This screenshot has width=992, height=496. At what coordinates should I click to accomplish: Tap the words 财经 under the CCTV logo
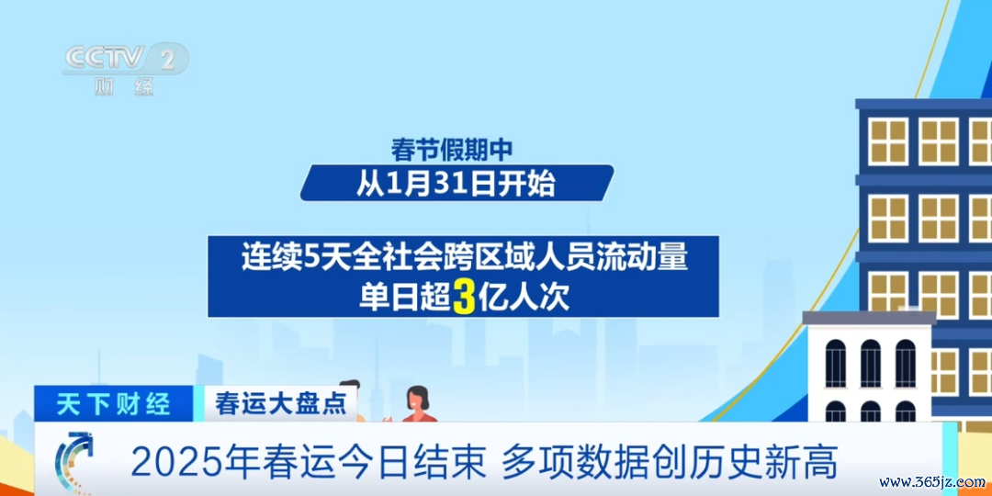click(125, 86)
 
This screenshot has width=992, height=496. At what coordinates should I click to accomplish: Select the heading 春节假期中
click(450, 150)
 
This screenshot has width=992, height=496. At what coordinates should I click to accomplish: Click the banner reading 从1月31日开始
click(457, 183)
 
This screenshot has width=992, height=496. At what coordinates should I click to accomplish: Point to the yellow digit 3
click(462, 298)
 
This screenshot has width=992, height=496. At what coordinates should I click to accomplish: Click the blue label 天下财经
click(114, 403)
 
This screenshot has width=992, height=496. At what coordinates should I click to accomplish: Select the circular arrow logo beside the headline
click(74, 462)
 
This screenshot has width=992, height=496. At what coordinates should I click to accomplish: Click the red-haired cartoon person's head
click(416, 400)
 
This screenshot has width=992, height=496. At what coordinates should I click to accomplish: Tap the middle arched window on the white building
click(871, 363)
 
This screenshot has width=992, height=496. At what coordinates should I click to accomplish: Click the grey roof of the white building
click(869, 318)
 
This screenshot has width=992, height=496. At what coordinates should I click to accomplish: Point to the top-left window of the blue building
click(887, 141)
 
